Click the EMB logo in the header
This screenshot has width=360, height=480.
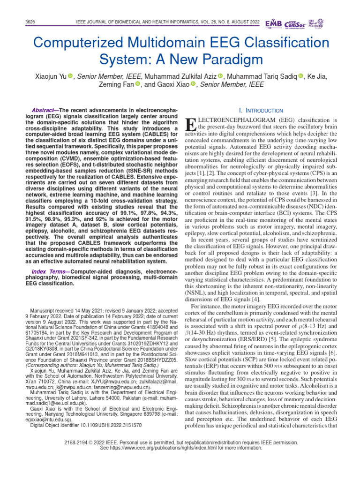tap(274, 23)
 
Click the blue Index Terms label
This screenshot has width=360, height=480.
tap(45, 272)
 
